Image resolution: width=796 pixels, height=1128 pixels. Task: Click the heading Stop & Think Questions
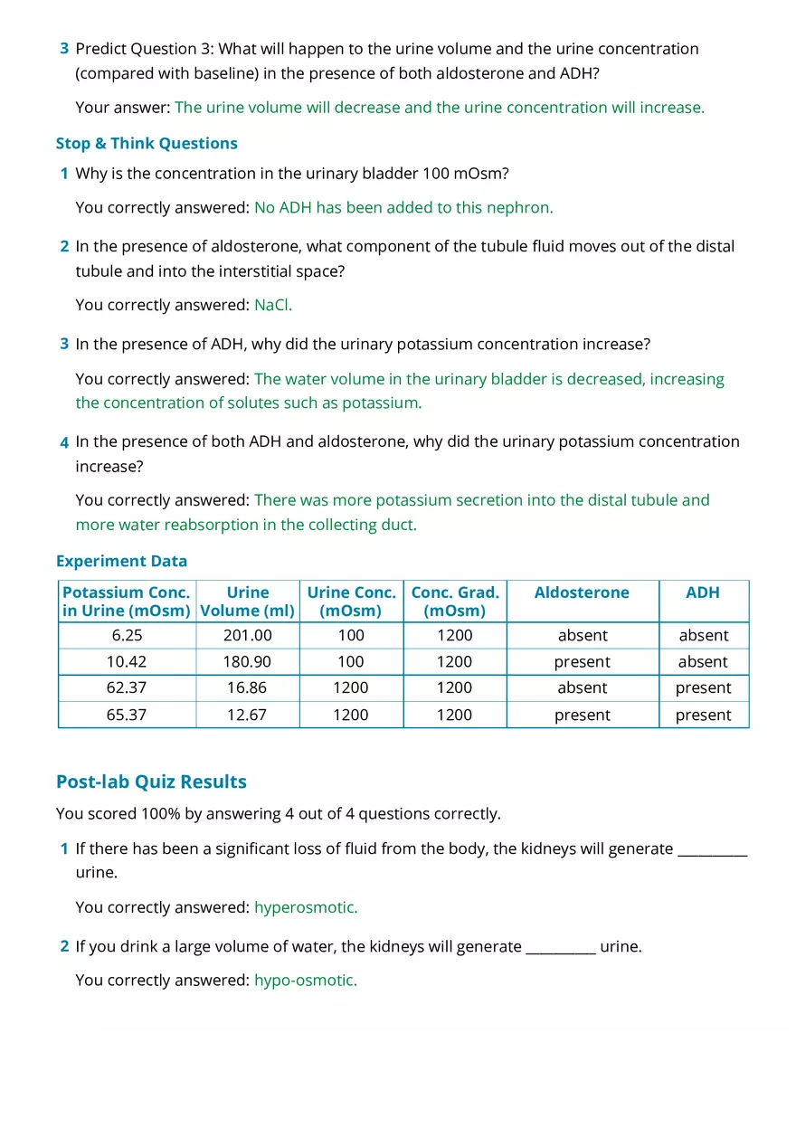coord(147,143)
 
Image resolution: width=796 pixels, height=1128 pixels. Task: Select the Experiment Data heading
coord(121,561)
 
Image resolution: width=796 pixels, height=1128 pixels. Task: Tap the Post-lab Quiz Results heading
coord(151,782)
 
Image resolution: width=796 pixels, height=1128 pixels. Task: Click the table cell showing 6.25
coord(127,635)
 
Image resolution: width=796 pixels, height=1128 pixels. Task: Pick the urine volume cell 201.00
coord(247,635)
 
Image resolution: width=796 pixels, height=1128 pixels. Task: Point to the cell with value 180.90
coord(247,661)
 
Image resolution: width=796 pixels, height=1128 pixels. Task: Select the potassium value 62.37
coord(127,687)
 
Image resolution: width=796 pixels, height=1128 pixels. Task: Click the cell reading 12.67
coord(247,715)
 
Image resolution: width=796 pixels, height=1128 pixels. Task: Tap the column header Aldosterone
coord(582,592)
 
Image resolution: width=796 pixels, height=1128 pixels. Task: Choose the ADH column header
coord(703,592)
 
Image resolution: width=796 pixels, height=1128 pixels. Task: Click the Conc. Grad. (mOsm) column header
coord(454,602)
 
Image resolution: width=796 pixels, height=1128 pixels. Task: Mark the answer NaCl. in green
coord(273,305)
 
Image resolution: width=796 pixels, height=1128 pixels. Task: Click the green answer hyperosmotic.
coord(306,906)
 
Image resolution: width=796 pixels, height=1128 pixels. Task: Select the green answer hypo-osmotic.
coord(306,980)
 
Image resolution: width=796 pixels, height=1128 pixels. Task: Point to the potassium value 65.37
coord(127,715)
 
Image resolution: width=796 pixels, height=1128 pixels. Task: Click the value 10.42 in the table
coord(127,661)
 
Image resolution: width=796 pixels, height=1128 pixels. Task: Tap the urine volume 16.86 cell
coord(247,687)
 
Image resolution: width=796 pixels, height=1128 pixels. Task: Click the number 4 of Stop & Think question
coord(64,442)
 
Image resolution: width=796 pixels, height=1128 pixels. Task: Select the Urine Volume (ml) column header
coord(247,602)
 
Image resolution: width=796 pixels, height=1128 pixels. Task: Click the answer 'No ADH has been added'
coord(403,207)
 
